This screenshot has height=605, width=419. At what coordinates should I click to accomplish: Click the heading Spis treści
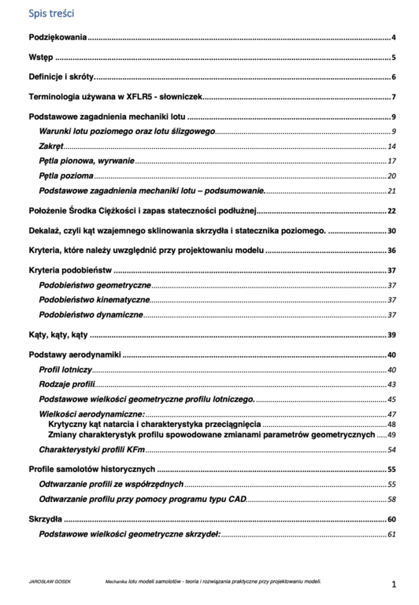coord(51,13)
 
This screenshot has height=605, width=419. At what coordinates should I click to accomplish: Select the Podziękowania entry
coord(57,37)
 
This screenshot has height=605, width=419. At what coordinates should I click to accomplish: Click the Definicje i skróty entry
coord(61,76)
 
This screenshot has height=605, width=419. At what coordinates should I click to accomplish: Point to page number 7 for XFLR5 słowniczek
coord(392,97)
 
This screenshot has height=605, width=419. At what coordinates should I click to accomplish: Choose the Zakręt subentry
coord(51,147)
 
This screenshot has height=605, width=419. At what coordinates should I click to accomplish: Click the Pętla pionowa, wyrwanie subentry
coord(87,161)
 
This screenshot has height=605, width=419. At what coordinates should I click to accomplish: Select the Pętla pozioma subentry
coord(66,176)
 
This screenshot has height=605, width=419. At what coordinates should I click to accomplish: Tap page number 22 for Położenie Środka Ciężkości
coord(391,211)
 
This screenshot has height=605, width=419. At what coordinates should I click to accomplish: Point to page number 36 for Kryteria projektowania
coord(391,251)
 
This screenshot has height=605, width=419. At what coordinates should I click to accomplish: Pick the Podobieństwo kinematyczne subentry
coord(94,299)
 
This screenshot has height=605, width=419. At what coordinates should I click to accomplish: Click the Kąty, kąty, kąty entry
coord(57,335)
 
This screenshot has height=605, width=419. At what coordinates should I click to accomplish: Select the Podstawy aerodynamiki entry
coord(75,354)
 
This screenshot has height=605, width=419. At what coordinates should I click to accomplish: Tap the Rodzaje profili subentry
coord(67,384)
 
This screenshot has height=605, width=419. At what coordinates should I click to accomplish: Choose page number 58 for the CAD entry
coord(391,499)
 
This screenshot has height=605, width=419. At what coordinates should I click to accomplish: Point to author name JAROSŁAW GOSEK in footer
coord(45,581)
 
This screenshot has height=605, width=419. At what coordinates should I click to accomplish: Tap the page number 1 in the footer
coord(394,585)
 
